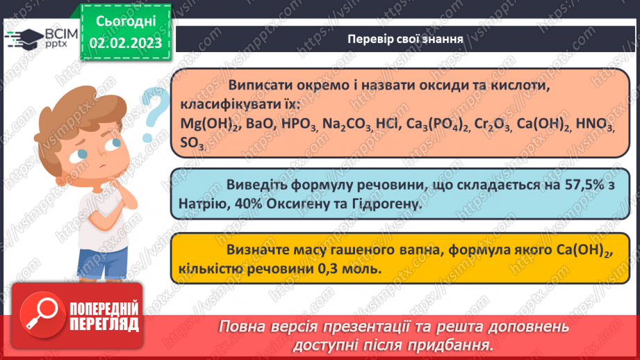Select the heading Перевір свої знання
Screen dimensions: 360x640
[405, 39]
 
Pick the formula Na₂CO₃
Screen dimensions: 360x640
[346, 125]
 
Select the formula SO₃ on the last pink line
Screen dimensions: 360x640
[191, 143]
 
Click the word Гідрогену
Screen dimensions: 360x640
[381, 205]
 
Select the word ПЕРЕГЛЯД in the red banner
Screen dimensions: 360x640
[104, 324]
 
